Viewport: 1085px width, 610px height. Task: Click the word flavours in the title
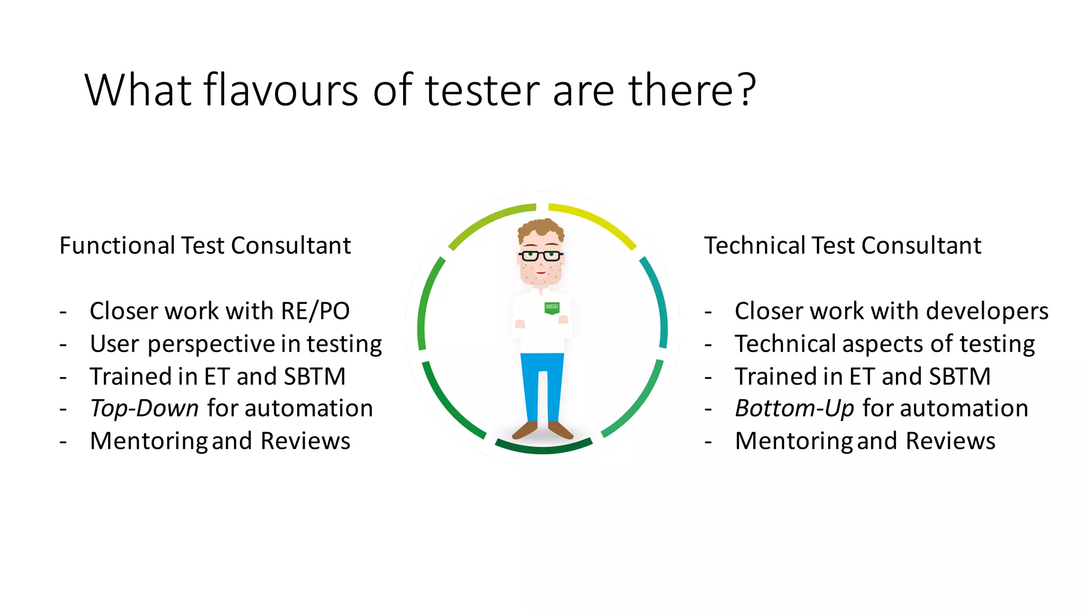(x=281, y=90)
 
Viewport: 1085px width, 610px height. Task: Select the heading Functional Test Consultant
(x=205, y=246)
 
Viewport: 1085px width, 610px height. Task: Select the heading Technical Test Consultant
(x=842, y=246)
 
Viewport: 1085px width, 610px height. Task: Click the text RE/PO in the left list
(x=315, y=311)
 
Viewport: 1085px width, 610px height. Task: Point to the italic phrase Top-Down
(x=144, y=409)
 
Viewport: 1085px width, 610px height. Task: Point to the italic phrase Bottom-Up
(x=794, y=409)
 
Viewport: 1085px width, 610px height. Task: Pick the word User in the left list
(x=114, y=344)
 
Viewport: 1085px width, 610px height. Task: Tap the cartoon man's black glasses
(x=540, y=256)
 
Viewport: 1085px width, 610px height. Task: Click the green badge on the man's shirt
(x=552, y=308)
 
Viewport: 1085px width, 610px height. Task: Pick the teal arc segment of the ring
(x=657, y=302)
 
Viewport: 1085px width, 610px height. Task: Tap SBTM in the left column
(x=315, y=377)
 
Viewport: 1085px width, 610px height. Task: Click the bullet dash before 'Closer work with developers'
(x=708, y=312)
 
